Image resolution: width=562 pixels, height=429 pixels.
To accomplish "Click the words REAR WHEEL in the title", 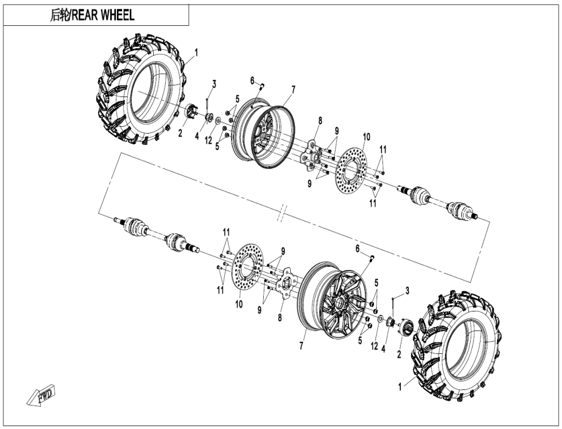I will pyautogui.click(x=102, y=15).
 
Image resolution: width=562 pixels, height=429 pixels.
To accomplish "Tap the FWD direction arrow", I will pyautogui.click(x=41, y=396).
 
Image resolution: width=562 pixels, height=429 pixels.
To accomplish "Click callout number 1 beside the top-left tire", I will pyautogui.click(x=196, y=52).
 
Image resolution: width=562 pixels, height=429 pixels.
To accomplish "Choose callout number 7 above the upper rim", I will pyautogui.click(x=293, y=89).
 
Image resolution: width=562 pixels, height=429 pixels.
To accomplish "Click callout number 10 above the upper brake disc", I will pyautogui.click(x=366, y=136).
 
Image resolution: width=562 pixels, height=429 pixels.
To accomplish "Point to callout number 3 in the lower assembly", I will pyautogui.click(x=407, y=291).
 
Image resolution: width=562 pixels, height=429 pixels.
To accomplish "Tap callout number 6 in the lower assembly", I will pyautogui.click(x=357, y=248).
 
